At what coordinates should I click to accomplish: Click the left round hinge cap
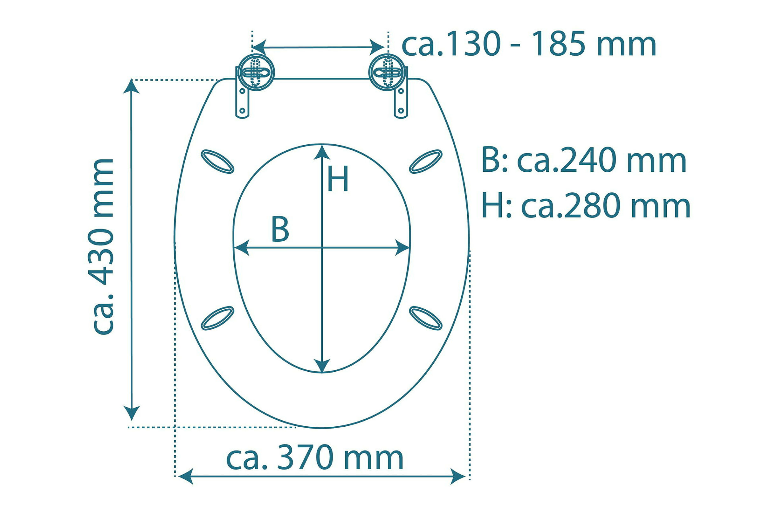tap(256, 72)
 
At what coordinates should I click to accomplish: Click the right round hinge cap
tap(387, 72)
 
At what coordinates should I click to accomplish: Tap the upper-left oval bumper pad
tap(217, 161)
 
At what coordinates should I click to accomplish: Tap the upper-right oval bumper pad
tap(425, 161)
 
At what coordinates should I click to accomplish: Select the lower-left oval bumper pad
tap(217, 318)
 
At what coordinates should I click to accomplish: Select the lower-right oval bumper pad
tap(425, 318)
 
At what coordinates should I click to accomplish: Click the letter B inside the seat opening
tap(280, 229)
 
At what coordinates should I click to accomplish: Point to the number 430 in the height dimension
tap(101, 257)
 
